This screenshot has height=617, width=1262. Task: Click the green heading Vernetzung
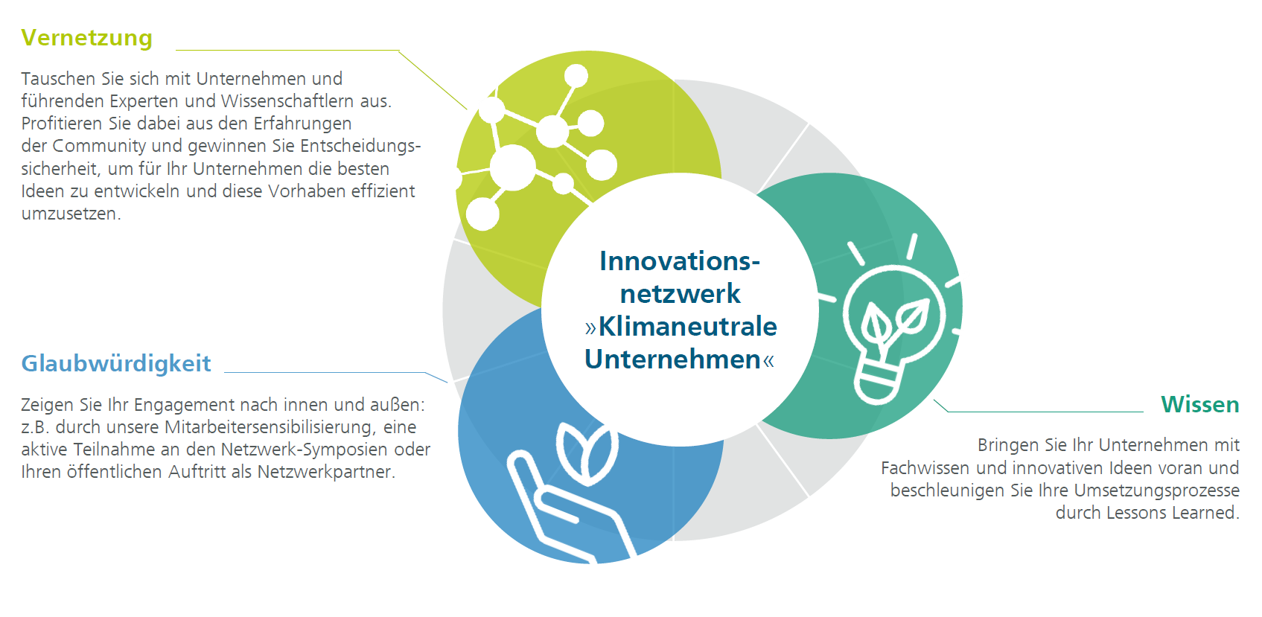87,38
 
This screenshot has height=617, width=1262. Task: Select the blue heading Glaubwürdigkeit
116,364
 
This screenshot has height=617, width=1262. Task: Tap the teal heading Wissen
1199,404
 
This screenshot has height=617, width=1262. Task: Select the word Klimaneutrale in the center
687,327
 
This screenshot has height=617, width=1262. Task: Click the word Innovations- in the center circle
680,261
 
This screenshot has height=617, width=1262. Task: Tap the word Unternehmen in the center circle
672,359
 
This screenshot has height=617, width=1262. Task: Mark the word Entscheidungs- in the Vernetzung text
360,147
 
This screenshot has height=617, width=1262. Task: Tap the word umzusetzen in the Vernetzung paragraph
70,214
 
